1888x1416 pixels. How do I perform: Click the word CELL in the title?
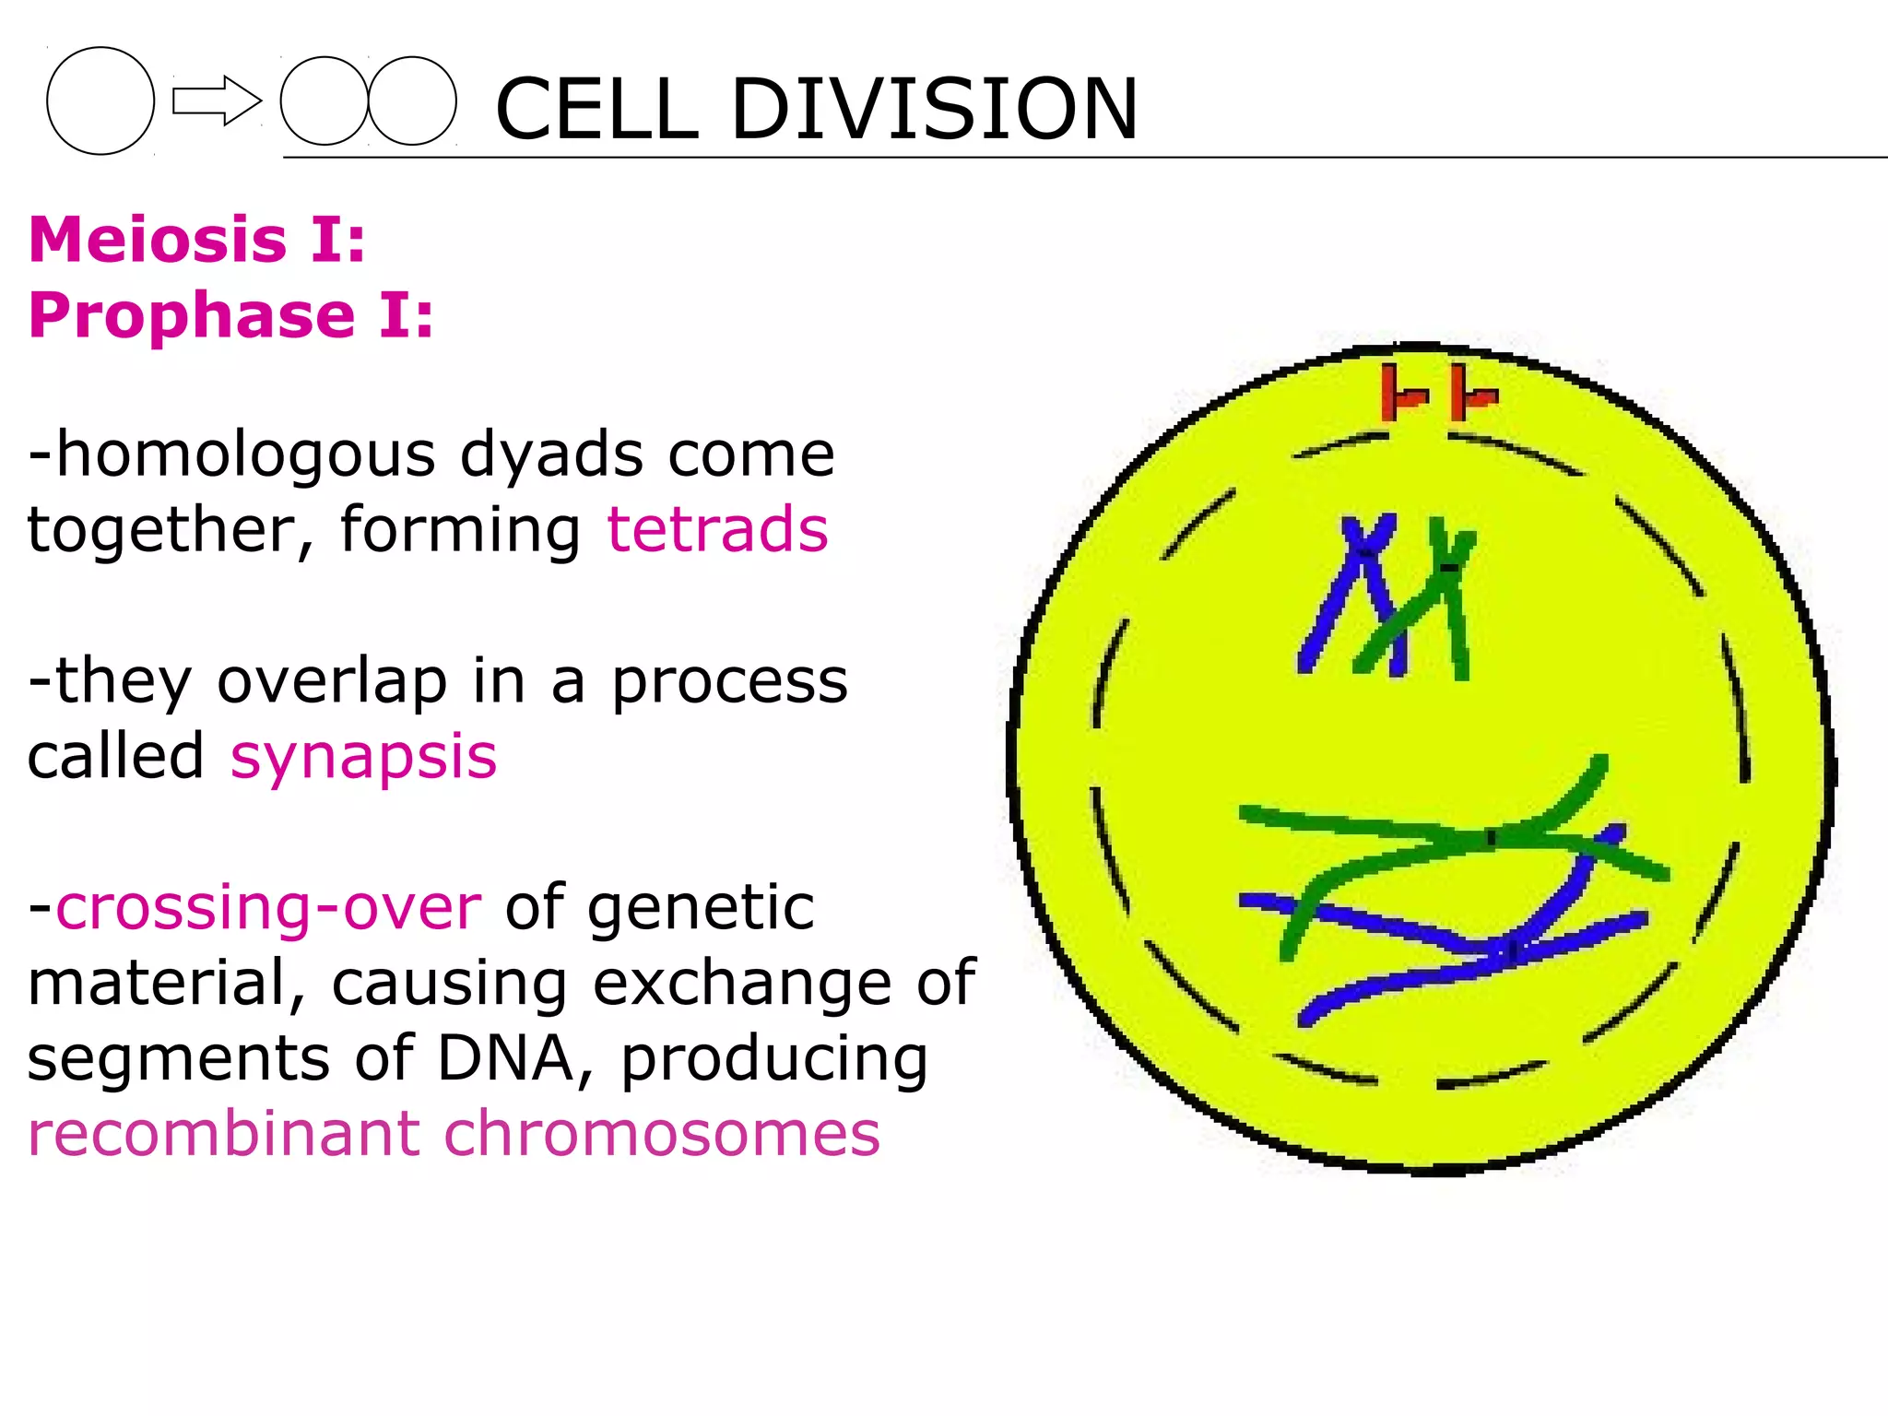tap(596, 109)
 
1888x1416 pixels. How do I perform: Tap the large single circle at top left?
tap(100, 100)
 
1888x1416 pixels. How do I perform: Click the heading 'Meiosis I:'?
tap(197, 240)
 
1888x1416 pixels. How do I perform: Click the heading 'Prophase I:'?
tap(230, 315)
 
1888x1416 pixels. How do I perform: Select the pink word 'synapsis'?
tap(363, 758)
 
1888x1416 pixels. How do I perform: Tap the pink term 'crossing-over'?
tap(268, 908)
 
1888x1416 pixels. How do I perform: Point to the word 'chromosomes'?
tap(662, 1134)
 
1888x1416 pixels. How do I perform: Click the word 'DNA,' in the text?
tap(515, 1058)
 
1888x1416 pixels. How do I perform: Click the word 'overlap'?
tap(332, 681)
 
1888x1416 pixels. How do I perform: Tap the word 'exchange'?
tap(743, 983)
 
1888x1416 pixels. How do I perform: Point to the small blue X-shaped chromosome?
tap(1363, 553)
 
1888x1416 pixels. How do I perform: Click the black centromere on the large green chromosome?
tap(1490, 838)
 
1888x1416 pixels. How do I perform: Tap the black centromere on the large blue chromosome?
tap(1511, 949)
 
